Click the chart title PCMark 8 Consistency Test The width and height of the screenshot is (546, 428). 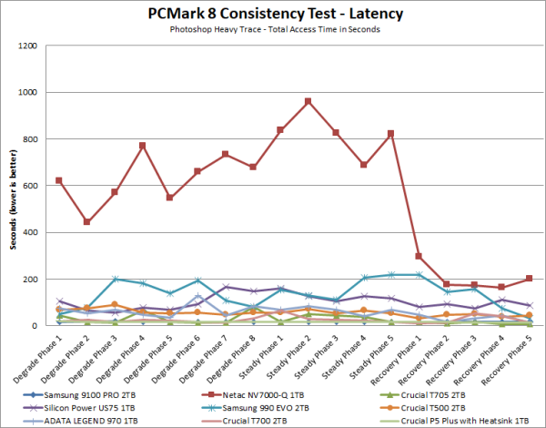click(x=273, y=15)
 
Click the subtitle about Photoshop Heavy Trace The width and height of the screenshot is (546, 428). click(x=273, y=30)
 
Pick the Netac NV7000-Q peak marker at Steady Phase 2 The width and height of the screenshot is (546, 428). click(x=308, y=101)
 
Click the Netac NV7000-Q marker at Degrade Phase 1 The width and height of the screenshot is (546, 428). click(x=59, y=180)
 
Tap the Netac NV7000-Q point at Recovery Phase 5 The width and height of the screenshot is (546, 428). click(x=530, y=278)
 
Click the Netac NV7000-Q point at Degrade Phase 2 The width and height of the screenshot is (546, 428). click(x=86, y=221)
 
